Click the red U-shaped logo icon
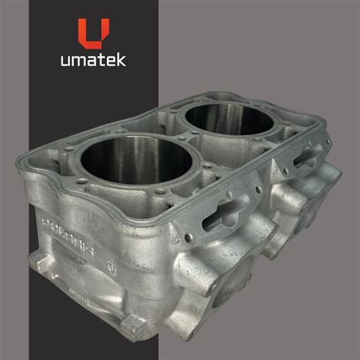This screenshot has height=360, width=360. [x=92, y=33]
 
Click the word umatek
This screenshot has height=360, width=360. [x=92, y=62]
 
